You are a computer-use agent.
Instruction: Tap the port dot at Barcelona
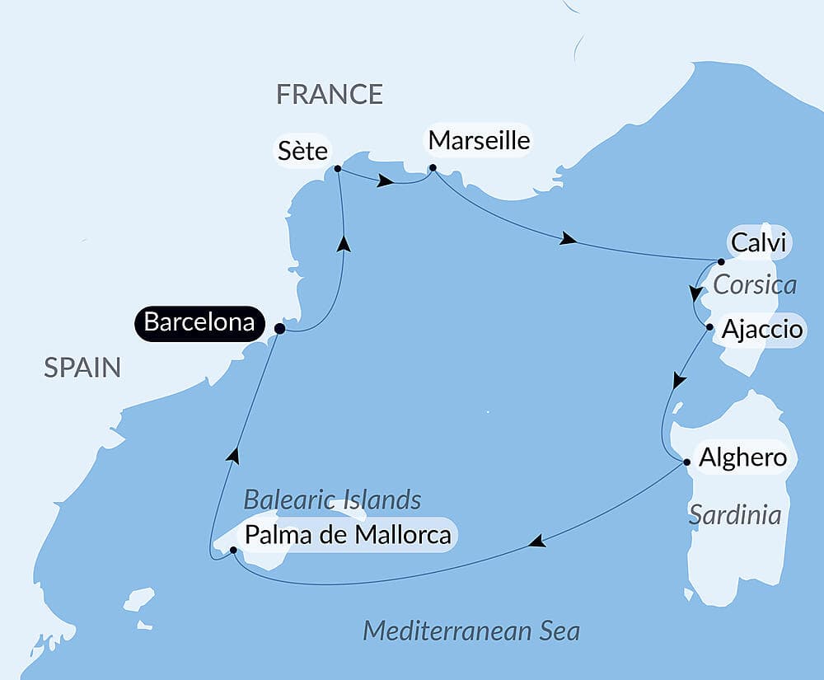(x=279, y=329)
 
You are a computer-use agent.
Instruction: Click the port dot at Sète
(x=338, y=169)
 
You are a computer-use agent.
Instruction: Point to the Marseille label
(x=478, y=141)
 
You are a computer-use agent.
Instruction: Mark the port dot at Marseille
(x=433, y=169)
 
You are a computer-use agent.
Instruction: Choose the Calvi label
(x=758, y=244)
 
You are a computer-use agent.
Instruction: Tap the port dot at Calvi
(x=721, y=262)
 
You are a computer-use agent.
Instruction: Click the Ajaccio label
(x=761, y=330)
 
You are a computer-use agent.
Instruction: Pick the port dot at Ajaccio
(x=709, y=327)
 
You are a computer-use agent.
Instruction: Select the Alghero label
(x=742, y=457)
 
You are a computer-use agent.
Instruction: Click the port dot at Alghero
(x=687, y=462)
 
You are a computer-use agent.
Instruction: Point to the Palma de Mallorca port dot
(x=233, y=549)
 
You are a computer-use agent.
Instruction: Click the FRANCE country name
(x=330, y=95)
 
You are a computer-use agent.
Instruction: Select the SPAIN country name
(x=82, y=368)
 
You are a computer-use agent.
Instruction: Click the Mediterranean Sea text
(x=471, y=632)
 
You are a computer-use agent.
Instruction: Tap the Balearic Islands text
(x=332, y=499)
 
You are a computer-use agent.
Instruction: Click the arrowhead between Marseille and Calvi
(x=567, y=240)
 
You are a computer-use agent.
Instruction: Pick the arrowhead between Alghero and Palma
(x=536, y=542)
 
